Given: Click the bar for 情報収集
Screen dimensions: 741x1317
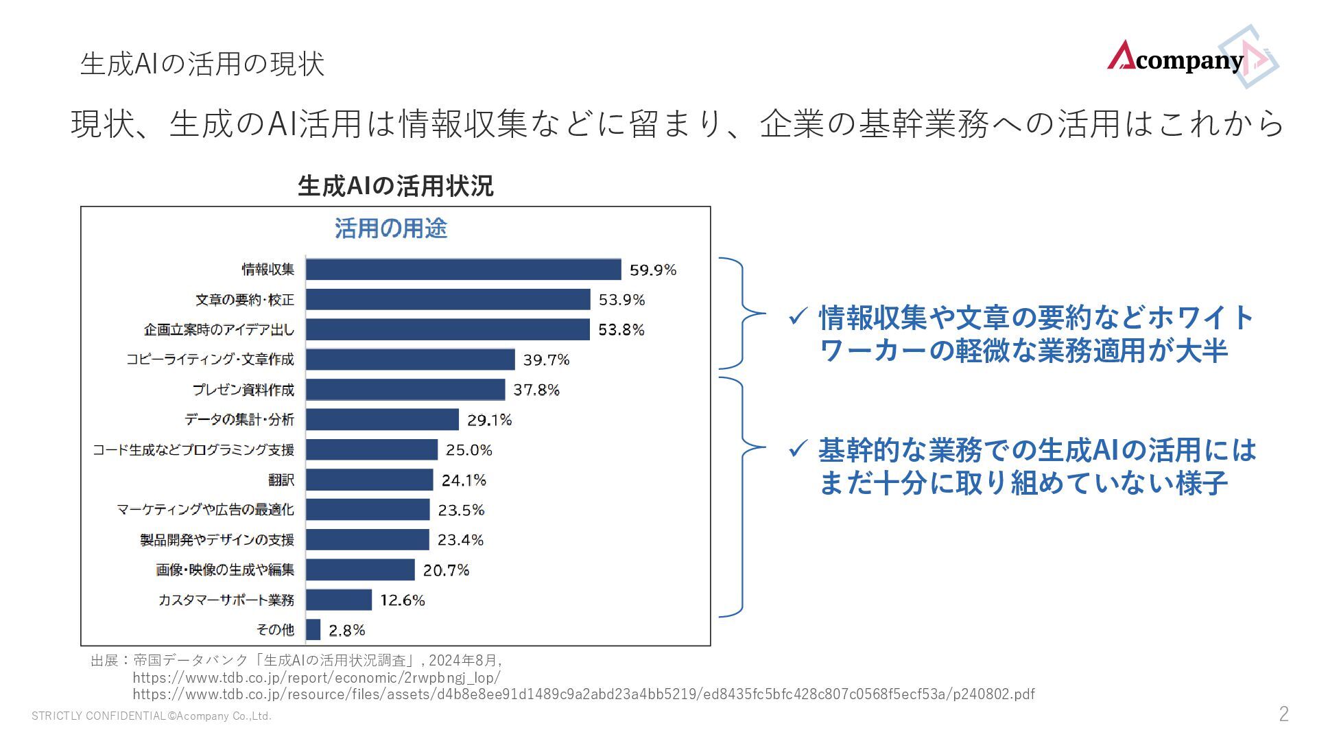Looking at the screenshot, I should [x=463, y=270].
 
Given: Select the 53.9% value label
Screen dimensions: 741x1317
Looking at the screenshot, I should [x=621, y=300].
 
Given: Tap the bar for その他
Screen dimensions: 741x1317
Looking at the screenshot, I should [x=313, y=630].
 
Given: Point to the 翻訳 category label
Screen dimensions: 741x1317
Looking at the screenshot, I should [x=281, y=480].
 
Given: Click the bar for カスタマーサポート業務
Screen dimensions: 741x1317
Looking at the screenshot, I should [x=339, y=600].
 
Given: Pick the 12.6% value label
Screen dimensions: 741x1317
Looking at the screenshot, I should [x=403, y=600].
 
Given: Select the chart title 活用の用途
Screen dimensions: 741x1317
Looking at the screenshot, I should [x=391, y=228].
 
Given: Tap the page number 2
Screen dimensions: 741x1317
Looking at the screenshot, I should [x=1283, y=714].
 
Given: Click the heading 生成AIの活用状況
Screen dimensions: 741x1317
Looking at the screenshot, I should [x=395, y=186].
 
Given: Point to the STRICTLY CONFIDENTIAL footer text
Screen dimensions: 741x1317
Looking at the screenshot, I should [x=152, y=716].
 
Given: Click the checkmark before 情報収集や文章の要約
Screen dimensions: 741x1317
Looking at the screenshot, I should [x=797, y=317].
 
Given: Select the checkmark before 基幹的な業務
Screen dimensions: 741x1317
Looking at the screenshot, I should [x=797, y=450].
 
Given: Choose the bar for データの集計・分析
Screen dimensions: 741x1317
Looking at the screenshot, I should [x=382, y=419].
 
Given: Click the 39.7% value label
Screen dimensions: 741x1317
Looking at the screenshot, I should [x=546, y=360].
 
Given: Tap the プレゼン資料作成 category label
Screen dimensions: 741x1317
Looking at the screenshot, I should [x=244, y=390].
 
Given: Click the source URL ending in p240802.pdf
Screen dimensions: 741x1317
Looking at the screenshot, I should [x=583, y=694].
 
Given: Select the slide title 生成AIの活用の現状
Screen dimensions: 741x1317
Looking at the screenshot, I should [x=202, y=64].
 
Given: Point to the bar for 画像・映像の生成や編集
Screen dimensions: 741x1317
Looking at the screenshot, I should [x=360, y=569].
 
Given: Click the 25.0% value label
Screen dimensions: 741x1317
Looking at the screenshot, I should [x=469, y=450].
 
